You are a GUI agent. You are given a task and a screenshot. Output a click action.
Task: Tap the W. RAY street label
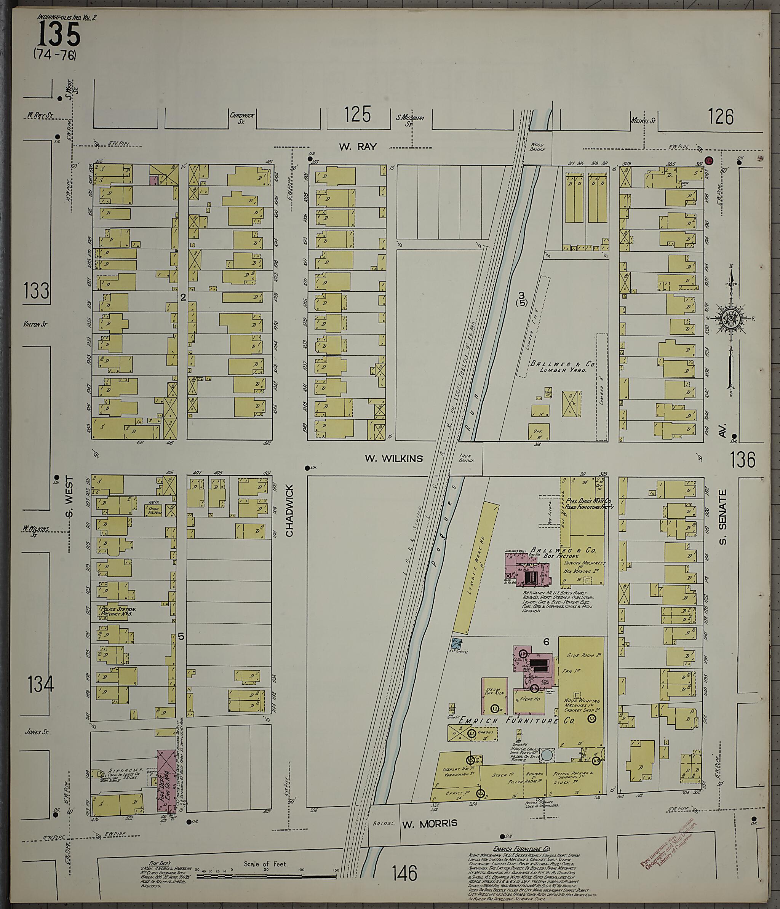tap(358, 147)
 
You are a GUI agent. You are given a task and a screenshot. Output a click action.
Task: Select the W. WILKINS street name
tap(394, 458)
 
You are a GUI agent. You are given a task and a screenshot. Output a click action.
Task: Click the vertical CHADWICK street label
tap(289, 511)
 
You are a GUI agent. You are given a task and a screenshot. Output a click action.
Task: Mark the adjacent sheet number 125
tap(357, 115)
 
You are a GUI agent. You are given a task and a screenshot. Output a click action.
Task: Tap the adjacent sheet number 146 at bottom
tap(404, 873)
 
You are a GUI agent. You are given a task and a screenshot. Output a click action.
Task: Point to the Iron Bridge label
tap(466, 458)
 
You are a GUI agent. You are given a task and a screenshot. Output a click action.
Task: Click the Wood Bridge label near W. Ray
tap(537, 147)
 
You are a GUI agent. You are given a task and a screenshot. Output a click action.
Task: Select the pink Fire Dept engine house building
tap(165, 780)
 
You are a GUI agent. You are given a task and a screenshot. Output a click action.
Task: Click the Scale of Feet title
tap(265, 864)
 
